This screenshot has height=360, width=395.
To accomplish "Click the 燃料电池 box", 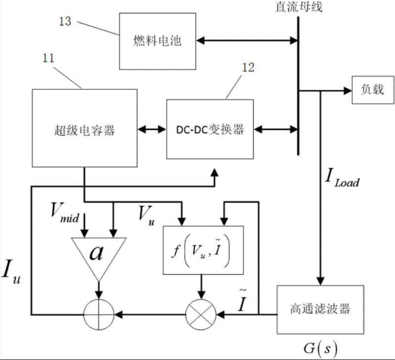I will point(157,40).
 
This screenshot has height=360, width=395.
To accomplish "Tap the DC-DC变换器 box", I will point(210,129).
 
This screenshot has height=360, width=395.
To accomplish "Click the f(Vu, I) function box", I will point(203,250).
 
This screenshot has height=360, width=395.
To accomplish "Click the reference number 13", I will point(65,21).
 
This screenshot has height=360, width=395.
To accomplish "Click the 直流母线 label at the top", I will point(300,7).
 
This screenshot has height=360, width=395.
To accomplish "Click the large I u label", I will point(15,273).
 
